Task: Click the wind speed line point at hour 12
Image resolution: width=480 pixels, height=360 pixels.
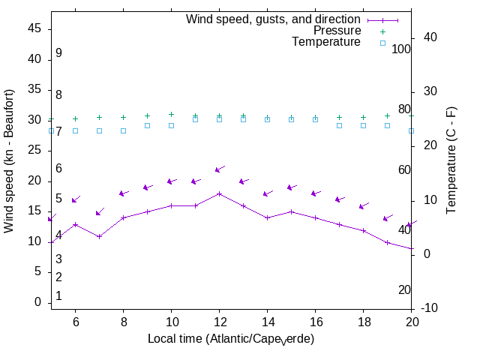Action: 219,193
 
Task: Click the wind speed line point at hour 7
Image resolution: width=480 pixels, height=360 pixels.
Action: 99,236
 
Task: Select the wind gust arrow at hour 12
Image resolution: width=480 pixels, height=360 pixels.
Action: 219,169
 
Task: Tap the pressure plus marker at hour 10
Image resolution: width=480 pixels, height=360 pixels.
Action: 171,115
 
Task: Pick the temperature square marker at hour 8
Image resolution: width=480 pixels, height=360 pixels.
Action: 123,130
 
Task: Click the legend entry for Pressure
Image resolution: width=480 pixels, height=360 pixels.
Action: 337,31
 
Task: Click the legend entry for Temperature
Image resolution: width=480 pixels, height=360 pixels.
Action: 326,42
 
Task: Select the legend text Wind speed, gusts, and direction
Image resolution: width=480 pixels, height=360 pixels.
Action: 273,19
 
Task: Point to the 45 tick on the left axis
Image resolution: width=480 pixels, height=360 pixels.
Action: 35,28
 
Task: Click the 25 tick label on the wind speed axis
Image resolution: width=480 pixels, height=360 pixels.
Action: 35,150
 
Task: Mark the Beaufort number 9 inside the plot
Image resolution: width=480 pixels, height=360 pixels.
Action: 58,53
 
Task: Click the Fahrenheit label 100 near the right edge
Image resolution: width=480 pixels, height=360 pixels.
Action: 401,49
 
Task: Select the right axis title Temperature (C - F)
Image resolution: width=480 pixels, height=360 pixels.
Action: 451,159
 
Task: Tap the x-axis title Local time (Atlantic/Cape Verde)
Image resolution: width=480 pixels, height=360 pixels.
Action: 231,339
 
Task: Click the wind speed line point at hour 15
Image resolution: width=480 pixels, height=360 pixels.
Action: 291,211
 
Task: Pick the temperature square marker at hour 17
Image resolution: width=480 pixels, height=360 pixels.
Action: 339,125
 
